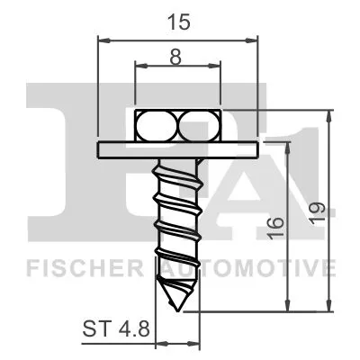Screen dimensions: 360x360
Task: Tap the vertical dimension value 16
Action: [x=275, y=225]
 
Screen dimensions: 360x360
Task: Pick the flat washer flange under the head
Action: [x=177, y=148]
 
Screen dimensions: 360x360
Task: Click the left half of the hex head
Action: [x=157, y=125]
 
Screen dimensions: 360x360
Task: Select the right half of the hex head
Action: [x=198, y=125]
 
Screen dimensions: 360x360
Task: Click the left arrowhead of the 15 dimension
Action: [x=101, y=39]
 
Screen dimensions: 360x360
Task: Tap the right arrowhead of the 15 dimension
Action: [x=255, y=39]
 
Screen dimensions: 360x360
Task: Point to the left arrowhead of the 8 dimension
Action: [x=139, y=66]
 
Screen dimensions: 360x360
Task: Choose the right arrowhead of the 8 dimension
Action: [x=216, y=66]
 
